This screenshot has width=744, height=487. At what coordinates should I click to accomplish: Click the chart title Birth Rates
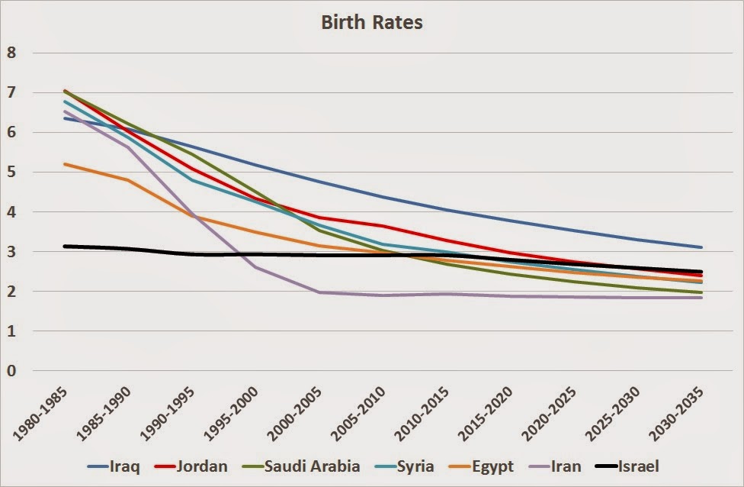click(372, 22)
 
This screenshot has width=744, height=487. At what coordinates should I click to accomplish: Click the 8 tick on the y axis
click(11, 53)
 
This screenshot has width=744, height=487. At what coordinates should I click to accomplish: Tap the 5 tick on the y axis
click(11, 173)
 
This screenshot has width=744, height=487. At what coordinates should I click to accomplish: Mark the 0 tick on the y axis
click(11, 371)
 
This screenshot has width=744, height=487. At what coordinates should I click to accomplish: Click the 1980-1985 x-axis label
click(42, 412)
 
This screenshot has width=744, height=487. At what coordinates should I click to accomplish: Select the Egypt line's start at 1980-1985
click(64, 164)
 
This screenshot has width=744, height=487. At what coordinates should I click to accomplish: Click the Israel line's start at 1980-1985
click(64, 246)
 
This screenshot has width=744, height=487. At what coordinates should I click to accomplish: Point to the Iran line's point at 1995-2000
click(256, 267)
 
